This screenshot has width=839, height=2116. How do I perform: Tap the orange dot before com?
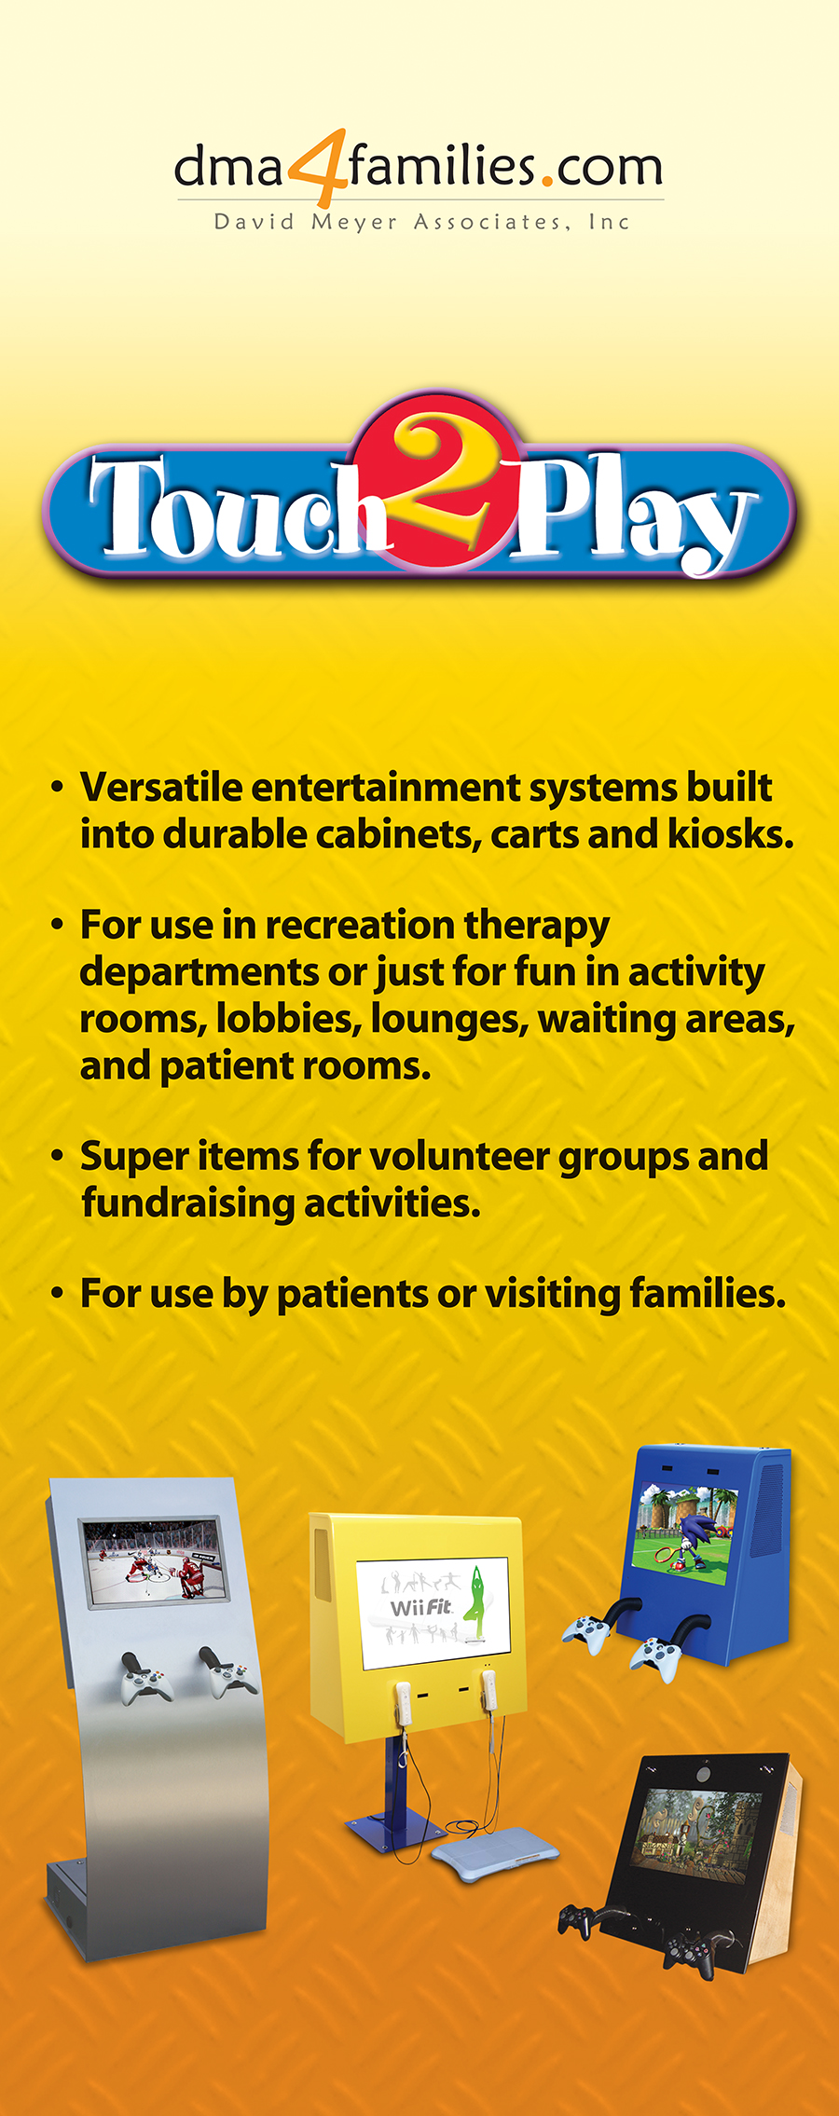[548, 181]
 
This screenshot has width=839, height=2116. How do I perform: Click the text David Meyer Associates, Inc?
[421, 222]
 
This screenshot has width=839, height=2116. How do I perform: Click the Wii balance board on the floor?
[496, 1857]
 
